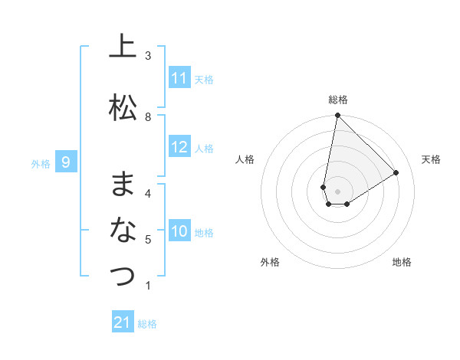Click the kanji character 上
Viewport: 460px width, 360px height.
(x=122, y=47)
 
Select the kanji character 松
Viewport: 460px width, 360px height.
(x=122, y=107)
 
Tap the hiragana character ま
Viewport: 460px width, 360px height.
(x=122, y=184)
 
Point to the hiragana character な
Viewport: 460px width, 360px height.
(x=122, y=229)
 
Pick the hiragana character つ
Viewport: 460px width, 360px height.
(x=122, y=276)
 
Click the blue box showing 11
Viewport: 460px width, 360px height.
(x=179, y=78)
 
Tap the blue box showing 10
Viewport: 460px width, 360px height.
(x=179, y=231)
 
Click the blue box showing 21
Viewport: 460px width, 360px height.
(x=123, y=322)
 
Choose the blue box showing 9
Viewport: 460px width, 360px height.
(x=66, y=162)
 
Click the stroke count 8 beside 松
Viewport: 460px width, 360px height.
(x=148, y=117)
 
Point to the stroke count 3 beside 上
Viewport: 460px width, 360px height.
(x=148, y=56)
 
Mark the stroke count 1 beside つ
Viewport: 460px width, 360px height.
(x=148, y=286)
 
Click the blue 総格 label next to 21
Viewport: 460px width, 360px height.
(x=147, y=324)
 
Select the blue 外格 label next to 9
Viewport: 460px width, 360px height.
(x=40, y=163)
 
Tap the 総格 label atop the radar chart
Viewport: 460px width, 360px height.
(x=337, y=100)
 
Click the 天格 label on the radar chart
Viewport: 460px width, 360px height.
(x=431, y=159)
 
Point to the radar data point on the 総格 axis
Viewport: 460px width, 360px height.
(x=337, y=116)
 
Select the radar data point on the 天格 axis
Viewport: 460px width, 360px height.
(x=396, y=172)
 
